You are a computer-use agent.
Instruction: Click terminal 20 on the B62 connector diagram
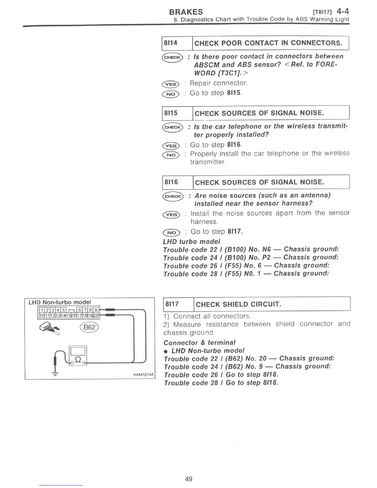pos(96,315)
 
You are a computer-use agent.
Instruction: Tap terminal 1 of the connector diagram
pos(41,310)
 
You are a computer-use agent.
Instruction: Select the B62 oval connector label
pos(89,327)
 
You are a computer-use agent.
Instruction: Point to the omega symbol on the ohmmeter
pos(78,359)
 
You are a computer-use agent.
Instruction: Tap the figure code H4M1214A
pos(144,375)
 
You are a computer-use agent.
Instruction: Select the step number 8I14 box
pos(171,43)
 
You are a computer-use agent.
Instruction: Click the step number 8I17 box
pos(172,304)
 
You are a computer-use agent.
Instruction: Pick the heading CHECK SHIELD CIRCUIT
pos(238,304)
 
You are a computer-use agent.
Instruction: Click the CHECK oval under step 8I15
pos(172,127)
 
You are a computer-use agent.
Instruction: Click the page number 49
pos(188,479)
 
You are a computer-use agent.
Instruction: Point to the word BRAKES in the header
pos(186,12)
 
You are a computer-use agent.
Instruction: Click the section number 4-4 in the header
pos(343,12)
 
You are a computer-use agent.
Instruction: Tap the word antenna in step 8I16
pos(314,195)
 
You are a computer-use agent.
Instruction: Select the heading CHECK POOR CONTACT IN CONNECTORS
pos(268,43)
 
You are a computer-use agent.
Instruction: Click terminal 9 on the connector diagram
pos(96,310)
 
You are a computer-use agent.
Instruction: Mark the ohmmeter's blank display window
pos(78,351)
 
